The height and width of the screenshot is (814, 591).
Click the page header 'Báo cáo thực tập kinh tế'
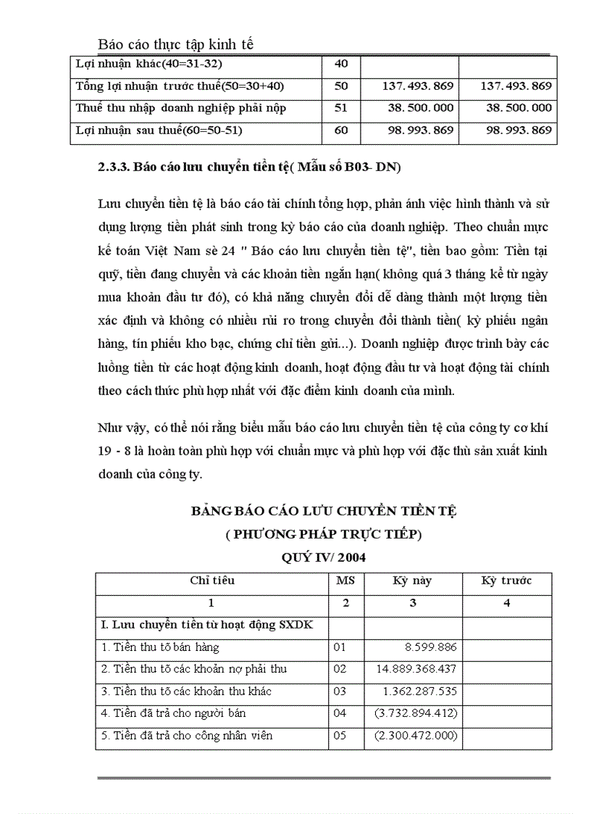[x=175, y=44]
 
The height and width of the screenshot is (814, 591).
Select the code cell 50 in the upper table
[x=342, y=86]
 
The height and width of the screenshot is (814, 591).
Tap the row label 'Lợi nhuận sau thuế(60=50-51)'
[x=159, y=130]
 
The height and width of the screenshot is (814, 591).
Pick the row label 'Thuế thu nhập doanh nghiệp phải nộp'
[x=181, y=108]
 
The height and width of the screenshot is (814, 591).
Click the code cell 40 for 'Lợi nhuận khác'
[x=342, y=64]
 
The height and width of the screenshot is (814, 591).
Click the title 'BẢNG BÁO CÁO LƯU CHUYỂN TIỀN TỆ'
[x=323, y=511]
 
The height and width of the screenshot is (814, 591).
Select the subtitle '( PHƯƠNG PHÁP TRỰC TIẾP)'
[x=323, y=534]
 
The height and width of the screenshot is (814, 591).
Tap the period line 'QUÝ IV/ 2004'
[x=323, y=557]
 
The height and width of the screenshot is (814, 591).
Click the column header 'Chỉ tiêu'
[x=211, y=581]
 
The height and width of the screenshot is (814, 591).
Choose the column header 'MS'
[x=345, y=581]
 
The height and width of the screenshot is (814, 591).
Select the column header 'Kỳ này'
[x=412, y=581]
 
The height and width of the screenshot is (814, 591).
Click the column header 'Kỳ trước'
[x=506, y=581]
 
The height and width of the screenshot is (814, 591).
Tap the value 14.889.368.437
[x=415, y=669]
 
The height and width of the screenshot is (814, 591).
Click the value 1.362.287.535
[x=419, y=692]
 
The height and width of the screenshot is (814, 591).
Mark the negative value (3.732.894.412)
[x=415, y=713]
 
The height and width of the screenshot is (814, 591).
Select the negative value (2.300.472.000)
[x=415, y=736]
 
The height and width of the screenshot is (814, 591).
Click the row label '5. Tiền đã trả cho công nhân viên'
[x=187, y=736]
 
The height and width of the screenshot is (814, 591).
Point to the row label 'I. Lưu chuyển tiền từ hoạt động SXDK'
[x=206, y=625]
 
